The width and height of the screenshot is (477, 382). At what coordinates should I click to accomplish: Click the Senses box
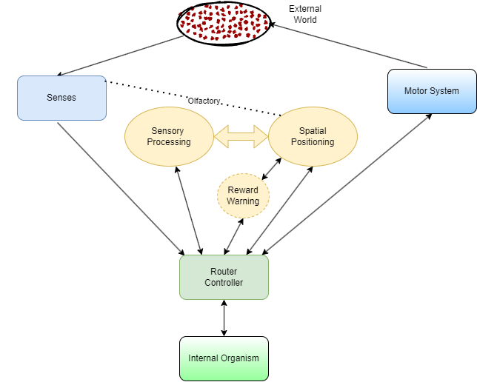[x=61, y=97]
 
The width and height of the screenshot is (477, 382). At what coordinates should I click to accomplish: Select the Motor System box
[x=431, y=91]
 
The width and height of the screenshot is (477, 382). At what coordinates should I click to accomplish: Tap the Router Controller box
[x=224, y=277]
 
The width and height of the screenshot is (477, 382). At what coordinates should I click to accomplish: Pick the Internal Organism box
[x=224, y=358]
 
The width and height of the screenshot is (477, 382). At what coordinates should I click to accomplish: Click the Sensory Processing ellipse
[x=170, y=136]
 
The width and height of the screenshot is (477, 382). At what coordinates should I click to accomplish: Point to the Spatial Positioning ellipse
[x=312, y=136]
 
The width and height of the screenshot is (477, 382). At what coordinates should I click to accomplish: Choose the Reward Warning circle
[x=243, y=195]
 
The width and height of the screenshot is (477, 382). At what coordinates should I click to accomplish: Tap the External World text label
[x=304, y=15]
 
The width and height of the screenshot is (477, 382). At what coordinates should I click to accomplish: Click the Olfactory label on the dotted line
[x=204, y=101]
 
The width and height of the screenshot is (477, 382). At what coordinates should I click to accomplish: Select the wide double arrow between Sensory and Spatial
[x=241, y=136]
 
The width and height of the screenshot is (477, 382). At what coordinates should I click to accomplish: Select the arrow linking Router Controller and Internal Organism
[x=224, y=318]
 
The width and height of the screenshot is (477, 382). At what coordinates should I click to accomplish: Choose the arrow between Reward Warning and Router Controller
[x=234, y=235]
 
